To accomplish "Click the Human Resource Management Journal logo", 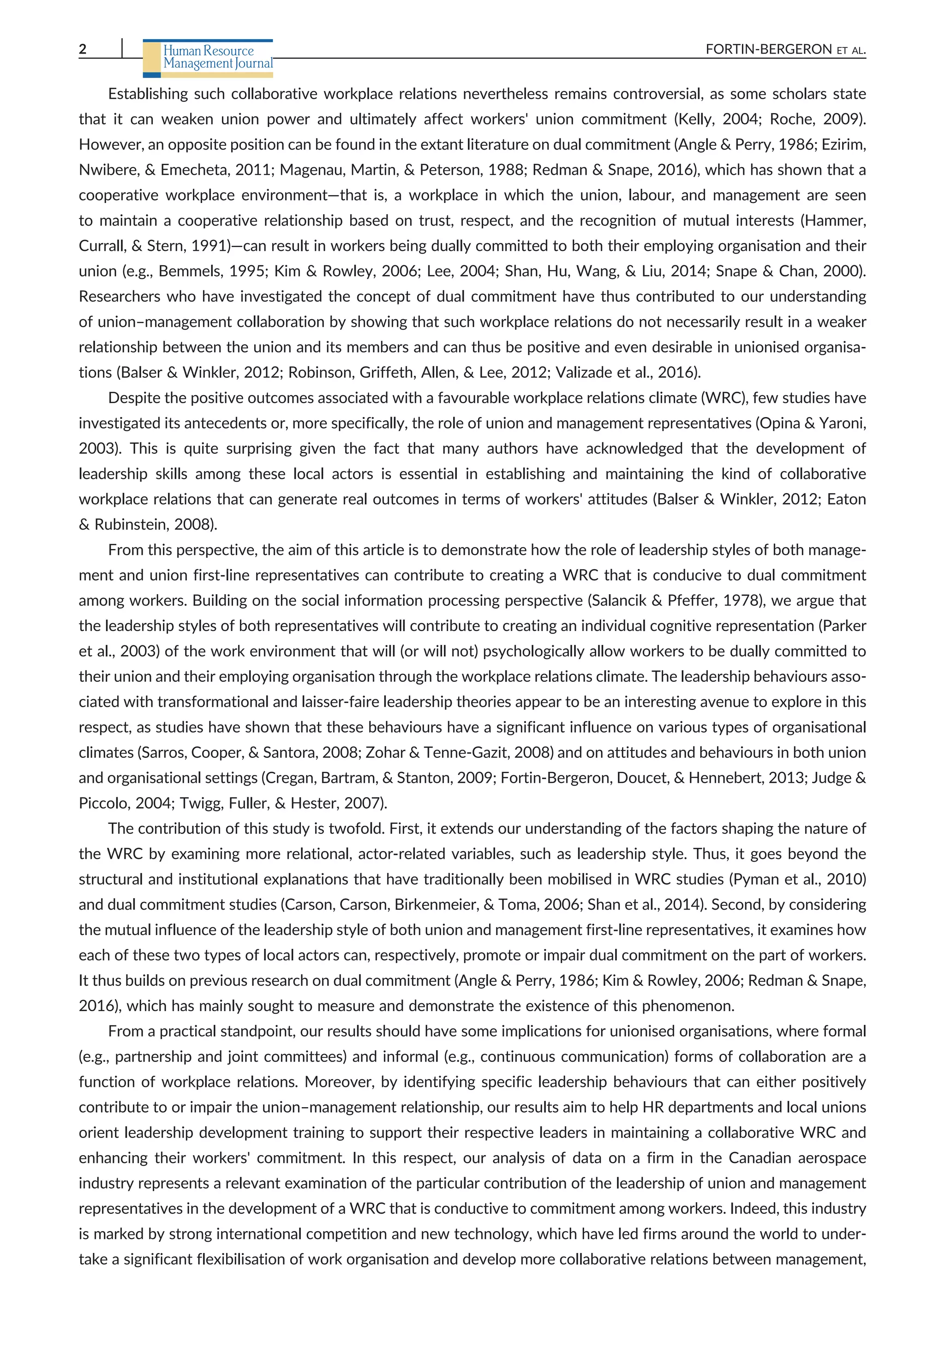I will (x=209, y=57).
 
